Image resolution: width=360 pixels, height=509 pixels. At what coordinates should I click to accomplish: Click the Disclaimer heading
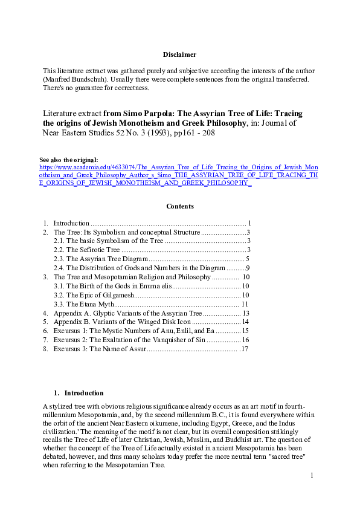tap(179, 55)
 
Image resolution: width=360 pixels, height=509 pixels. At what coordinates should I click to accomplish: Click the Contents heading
tap(179, 206)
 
